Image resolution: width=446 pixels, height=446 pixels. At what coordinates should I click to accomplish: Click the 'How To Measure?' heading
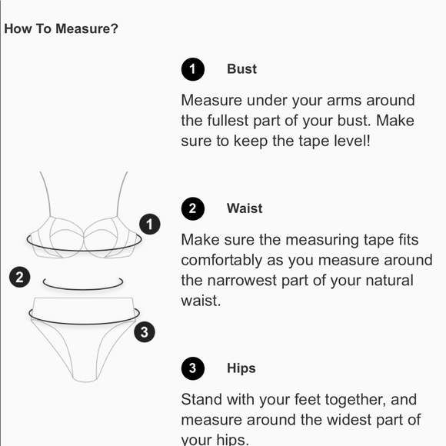point(61,28)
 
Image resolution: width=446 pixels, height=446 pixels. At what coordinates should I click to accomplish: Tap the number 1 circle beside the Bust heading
point(193,69)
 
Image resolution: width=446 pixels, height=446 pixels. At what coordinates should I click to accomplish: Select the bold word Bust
point(241,69)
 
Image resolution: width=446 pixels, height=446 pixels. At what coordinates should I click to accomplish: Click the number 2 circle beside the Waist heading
point(193,208)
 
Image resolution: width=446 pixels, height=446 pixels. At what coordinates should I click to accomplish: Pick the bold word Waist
point(245,208)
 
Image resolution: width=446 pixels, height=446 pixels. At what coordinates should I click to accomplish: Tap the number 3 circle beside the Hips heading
point(193,368)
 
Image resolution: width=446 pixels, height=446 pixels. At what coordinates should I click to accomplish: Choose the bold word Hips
point(241,368)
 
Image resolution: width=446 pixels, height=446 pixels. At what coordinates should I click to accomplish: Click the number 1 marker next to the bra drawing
point(150,224)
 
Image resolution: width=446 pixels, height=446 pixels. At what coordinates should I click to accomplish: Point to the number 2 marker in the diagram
point(20,277)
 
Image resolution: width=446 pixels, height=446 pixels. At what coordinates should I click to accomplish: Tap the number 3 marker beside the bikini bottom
point(145,331)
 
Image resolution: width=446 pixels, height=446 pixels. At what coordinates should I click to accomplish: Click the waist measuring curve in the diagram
point(83,289)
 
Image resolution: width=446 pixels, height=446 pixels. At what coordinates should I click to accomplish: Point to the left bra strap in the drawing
point(45,194)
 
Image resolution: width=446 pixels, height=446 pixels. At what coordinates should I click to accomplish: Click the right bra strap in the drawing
point(121,194)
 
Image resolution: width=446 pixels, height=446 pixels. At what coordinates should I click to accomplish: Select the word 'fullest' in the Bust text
point(228,121)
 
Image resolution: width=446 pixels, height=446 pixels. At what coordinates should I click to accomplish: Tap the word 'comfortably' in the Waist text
point(221,261)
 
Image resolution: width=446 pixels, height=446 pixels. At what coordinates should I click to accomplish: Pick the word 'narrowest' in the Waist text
point(241,281)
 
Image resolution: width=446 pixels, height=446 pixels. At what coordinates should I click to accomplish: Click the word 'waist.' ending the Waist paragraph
point(201,301)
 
